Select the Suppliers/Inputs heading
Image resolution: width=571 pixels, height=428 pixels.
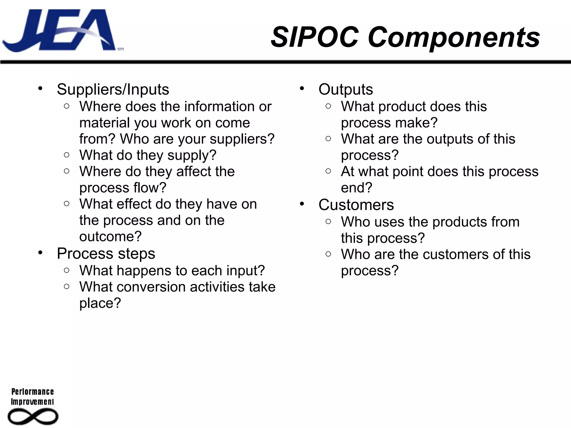tap(113, 89)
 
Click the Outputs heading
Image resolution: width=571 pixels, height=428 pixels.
tap(345, 89)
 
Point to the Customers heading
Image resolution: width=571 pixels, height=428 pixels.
tap(356, 205)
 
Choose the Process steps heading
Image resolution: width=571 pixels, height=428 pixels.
tap(106, 254)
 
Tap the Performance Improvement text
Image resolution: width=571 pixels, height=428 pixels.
tap(32, 397)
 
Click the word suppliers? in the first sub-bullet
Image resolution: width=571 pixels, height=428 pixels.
tap(242, 139)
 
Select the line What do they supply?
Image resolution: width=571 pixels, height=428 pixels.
tap(148, 155)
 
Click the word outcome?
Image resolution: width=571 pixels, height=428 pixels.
tap(110, 237)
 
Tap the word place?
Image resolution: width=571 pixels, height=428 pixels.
tap(100, 303)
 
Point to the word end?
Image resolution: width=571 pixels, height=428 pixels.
tap(356, 188)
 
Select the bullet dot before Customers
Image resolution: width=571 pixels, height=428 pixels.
tap(302, 204)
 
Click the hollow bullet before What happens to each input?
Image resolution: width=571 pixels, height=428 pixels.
tap(66, 270)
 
